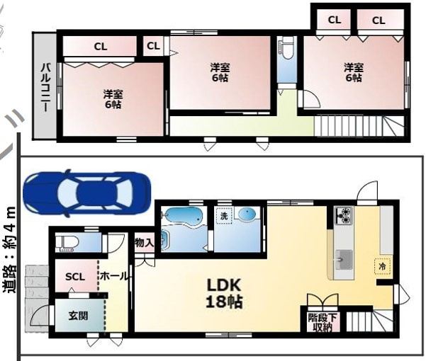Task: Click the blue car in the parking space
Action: tap(87, 193)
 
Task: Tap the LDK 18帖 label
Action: tap(224, 293)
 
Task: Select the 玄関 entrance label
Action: tap(78, 316)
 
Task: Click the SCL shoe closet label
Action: tap(75, 277)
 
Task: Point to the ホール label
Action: tap(114, 276)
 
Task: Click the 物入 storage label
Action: tap(145, 243)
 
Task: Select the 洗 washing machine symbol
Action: tap(224, 216)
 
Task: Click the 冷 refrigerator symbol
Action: tap(382, 266)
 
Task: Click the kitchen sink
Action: tap(344, 260)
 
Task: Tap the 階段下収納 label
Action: tap(323, 322)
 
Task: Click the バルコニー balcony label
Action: tap(45, 87)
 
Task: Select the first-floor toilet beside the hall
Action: tap(67, 242)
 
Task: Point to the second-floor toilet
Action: tap(286, 47)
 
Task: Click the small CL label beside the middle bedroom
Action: tap(154, 46)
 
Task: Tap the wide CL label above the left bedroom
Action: tap(101, 47)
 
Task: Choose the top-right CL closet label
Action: tap(379, 21)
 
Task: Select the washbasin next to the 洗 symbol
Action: tap(247, 213)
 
